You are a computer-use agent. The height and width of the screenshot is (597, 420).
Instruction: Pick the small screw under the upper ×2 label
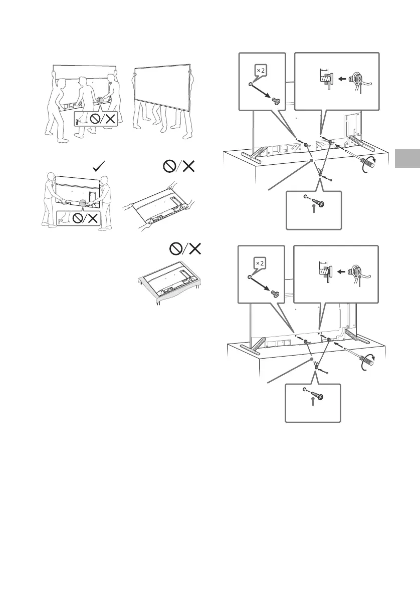[276, 100]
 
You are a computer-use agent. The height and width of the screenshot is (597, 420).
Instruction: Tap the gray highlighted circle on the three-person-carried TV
[102, 101]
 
